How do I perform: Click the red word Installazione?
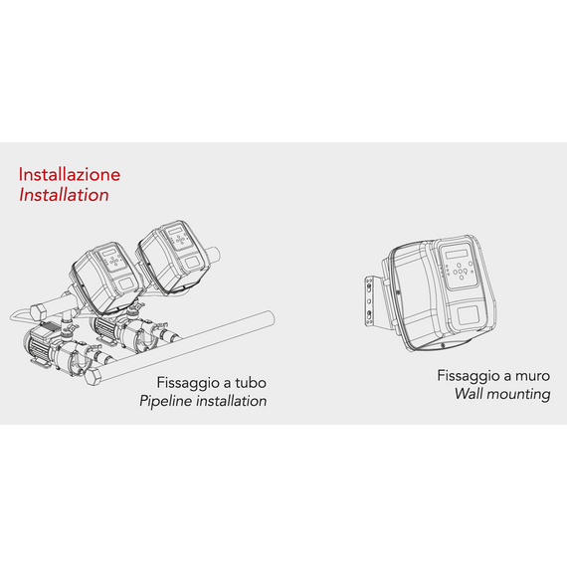pos(70,175)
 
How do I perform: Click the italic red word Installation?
pos(64,195)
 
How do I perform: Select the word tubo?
pos(251,383)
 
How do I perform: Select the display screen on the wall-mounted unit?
pos(457,253)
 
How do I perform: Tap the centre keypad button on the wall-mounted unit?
pos(461,272)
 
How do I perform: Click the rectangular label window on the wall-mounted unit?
pos(470,314)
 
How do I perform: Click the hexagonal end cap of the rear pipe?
pos(39,311)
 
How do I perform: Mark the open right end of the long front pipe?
pos(268,317)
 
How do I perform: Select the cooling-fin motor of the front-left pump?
pos(38,345)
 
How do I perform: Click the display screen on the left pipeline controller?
pos(108,252)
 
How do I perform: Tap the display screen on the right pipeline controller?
pos(172,231)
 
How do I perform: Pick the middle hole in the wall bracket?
pos(369,300)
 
